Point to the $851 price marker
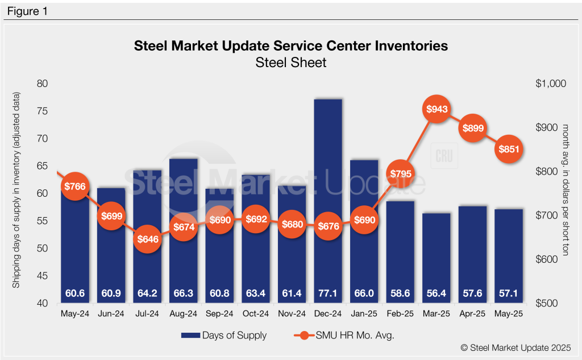(509, 150)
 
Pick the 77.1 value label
(328, 293)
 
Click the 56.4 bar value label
(437, 293)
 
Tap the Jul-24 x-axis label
(147, 313)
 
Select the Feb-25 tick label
(401, 313)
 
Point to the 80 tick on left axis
(43, 84)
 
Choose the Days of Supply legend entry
(224, 336)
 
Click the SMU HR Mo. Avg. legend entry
(343, 336)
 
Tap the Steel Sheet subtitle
(291, 62)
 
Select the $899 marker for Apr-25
(473, 128)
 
